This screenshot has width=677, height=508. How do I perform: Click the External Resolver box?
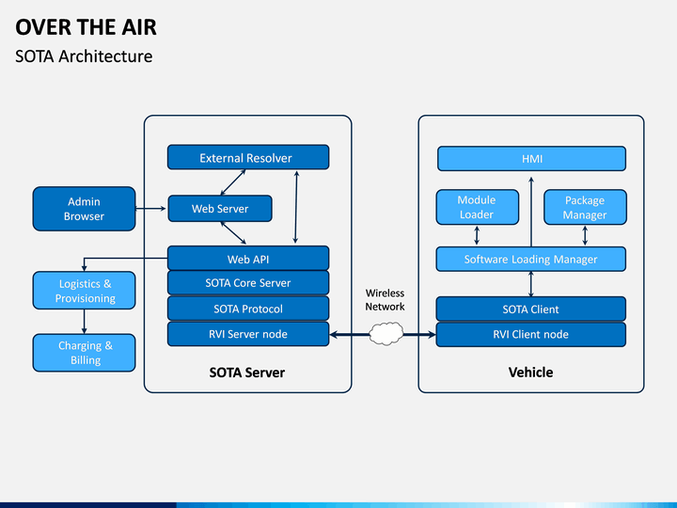tap(248, 157)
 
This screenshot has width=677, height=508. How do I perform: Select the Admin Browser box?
tap(85, 209)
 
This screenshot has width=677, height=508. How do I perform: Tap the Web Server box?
tap(220, 209)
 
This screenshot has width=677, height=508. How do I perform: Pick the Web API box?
tap(248, 259)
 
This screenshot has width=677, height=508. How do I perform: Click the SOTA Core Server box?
tap(248, 283)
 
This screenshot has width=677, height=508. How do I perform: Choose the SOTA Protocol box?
tap(248, 309)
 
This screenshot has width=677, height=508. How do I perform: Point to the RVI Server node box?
tap(248, 334)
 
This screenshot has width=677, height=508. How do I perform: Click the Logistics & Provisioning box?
tap(85, 291)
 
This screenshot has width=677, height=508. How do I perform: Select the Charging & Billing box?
tap(85, 353)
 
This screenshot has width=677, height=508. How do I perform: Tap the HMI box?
tap(531, 159)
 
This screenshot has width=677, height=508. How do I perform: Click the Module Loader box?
tap(477, 207)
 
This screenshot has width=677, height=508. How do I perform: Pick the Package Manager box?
tap(585, 207)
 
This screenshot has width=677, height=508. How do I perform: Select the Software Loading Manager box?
tap(531, 260)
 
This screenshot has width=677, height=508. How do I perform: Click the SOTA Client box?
tap(531, 309)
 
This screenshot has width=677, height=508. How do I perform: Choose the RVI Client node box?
tap(531, 334)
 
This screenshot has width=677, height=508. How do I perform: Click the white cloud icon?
tap(386, 333)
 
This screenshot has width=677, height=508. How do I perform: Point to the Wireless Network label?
tap(386, 300)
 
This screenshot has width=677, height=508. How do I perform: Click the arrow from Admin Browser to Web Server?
tap(151, 209)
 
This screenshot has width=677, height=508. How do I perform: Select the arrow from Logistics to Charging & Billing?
tap(85, 322)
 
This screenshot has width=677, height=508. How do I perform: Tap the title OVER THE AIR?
tap(86, 27)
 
